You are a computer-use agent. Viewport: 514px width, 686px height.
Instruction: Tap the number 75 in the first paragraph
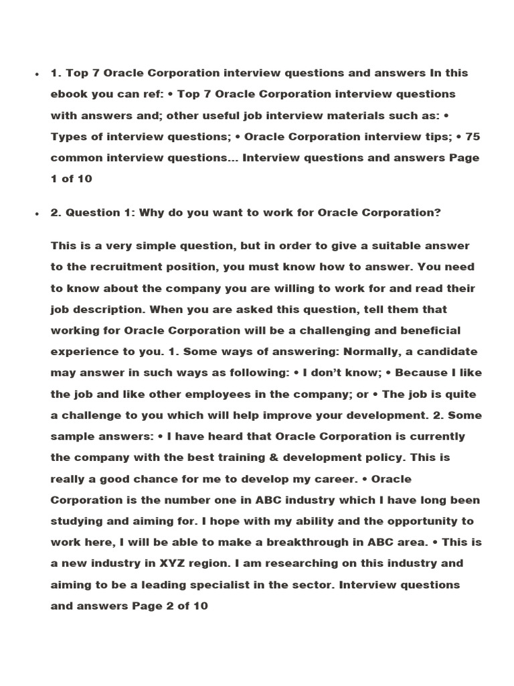tap(473, 137)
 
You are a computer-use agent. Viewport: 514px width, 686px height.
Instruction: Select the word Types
tap(68, 137)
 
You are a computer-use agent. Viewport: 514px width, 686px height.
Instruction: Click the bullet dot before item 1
tap(37, 74)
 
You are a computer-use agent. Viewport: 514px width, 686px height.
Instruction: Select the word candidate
tap(450, 352)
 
